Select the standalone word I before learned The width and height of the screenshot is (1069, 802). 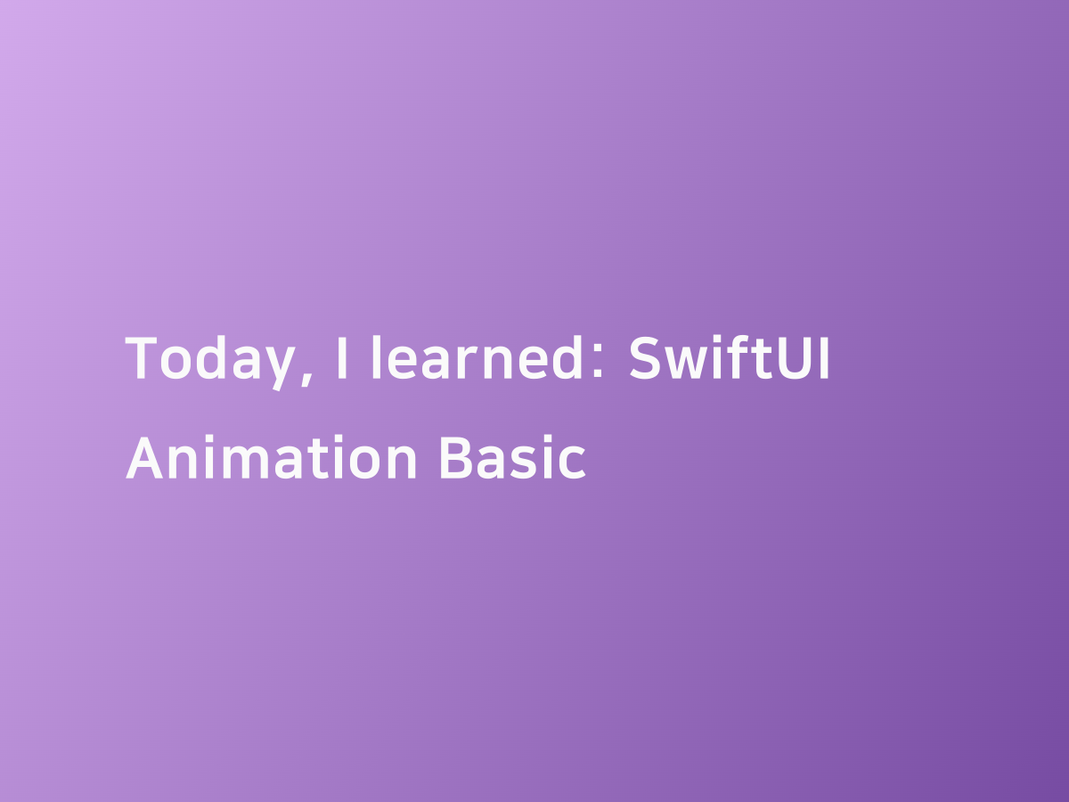coord(341,358)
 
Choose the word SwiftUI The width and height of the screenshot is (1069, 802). coord(730,358)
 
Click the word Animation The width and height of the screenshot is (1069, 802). coord(272,458)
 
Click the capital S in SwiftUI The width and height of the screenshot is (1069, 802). coord(646,358)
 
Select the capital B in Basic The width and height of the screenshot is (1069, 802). coord(456,458)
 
